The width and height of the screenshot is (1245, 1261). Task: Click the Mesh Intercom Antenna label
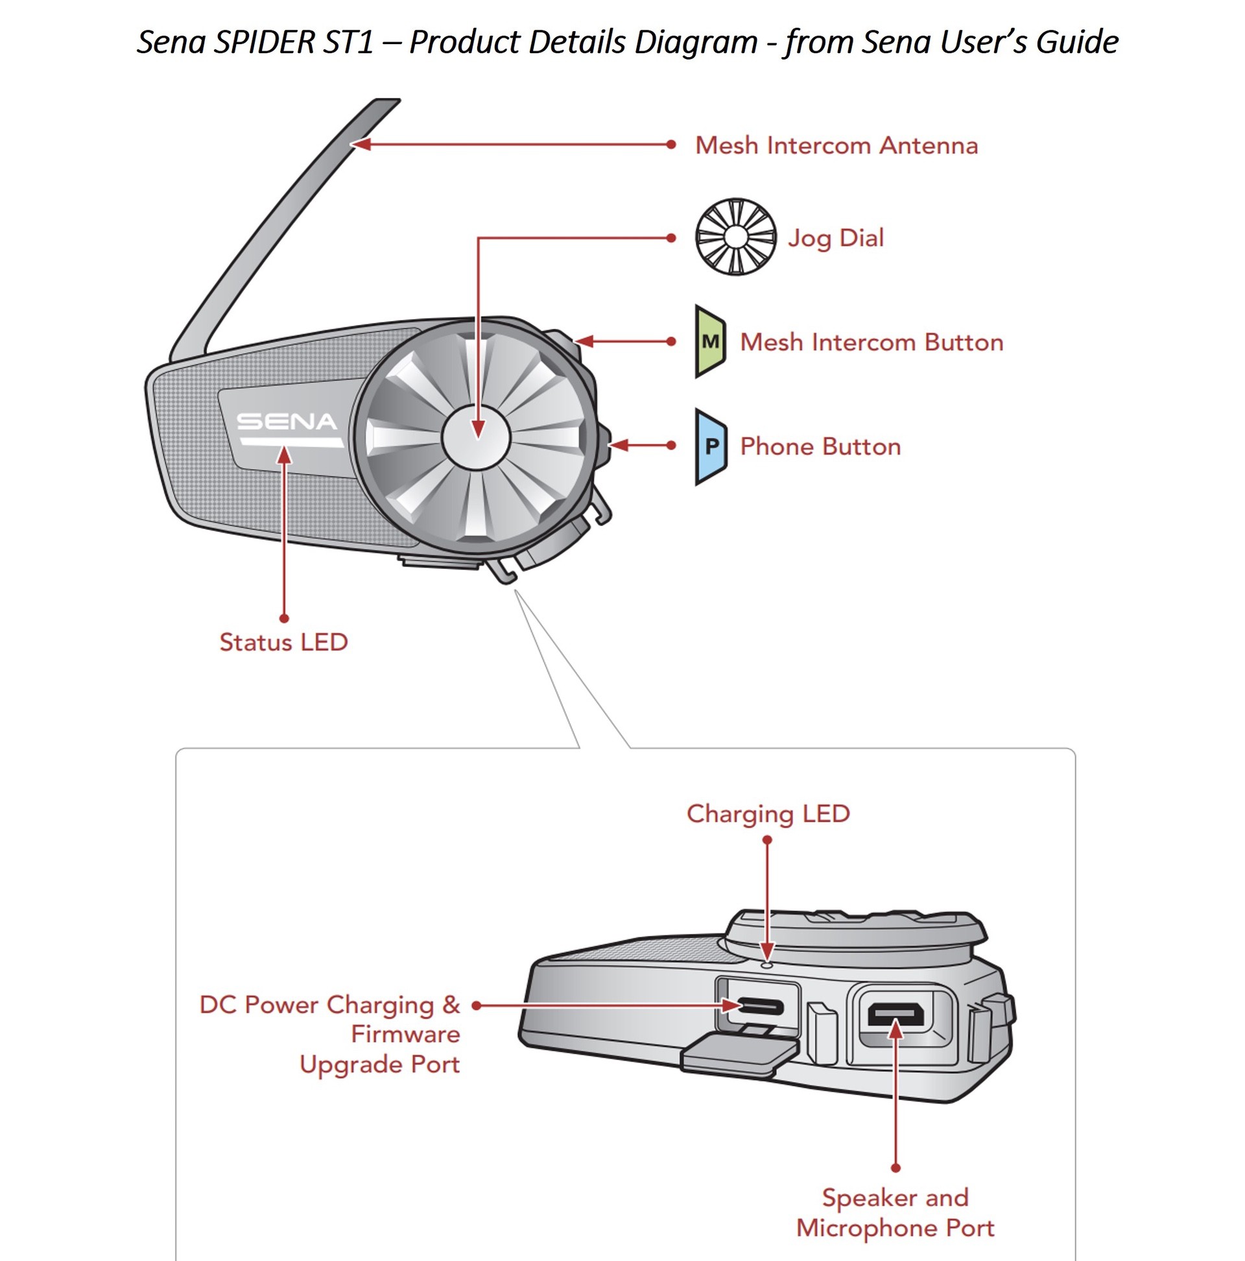pos(836,145)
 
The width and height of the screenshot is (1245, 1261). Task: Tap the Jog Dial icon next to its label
pos(735,237)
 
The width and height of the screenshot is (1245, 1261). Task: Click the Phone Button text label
pos(820,446)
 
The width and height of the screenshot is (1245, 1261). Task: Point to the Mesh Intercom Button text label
pos(871,342)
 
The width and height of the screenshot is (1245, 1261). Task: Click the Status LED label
pos(283,642)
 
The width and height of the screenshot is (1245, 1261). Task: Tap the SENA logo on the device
pos(287,422)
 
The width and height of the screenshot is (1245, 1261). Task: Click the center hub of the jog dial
pos(476,436)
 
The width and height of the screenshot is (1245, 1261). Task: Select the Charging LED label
pos(768,814)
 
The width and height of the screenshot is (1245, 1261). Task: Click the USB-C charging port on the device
pos(759,1007)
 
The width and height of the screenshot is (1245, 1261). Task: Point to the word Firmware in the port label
pos(405,1035)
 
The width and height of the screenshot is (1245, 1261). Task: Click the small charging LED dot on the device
pos(767,963)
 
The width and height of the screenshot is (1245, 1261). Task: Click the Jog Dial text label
pos(836,237)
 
